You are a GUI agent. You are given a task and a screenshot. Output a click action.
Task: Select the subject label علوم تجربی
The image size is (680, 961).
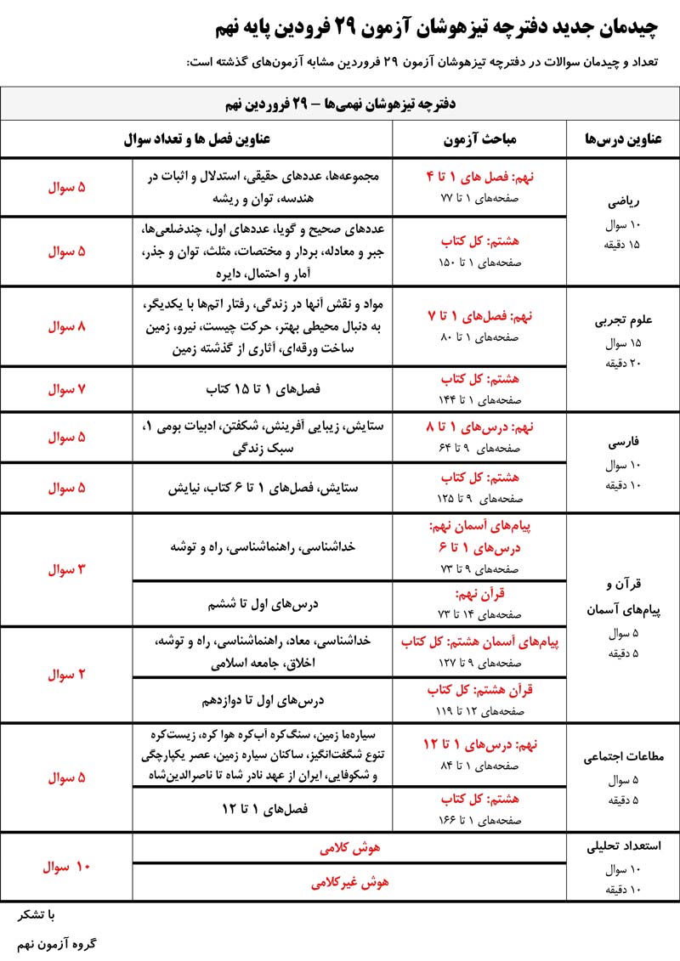pos(622,321)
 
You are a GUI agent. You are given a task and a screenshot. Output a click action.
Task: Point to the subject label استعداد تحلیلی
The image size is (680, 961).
pos(622,846)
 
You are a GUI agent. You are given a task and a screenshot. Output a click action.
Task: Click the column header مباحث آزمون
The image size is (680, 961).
pos(479,138)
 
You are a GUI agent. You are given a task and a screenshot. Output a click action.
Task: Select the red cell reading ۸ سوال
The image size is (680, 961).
pos(66,325)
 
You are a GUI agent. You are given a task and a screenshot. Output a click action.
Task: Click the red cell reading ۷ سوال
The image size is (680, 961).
pos(66,389)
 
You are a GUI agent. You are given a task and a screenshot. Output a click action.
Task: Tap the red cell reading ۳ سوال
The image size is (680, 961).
pos(66,569)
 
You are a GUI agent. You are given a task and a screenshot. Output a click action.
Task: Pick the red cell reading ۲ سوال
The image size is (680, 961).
pos(66,675)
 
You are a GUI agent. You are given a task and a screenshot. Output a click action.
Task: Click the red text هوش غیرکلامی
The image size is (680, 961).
pos(349,883)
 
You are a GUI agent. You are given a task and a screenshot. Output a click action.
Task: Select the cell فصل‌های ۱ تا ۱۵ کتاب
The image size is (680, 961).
pos(263,389)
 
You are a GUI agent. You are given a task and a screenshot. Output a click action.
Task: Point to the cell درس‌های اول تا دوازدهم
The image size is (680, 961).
pos(263,701)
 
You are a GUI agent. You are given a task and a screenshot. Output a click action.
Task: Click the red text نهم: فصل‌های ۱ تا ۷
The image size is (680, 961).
pos(479,315)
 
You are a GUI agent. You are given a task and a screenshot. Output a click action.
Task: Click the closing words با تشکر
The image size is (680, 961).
pos(38,914)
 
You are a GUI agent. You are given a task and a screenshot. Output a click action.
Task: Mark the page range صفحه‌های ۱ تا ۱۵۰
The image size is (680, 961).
pos(479,263)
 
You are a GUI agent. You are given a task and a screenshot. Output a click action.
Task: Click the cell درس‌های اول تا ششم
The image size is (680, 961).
pos(263,604)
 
